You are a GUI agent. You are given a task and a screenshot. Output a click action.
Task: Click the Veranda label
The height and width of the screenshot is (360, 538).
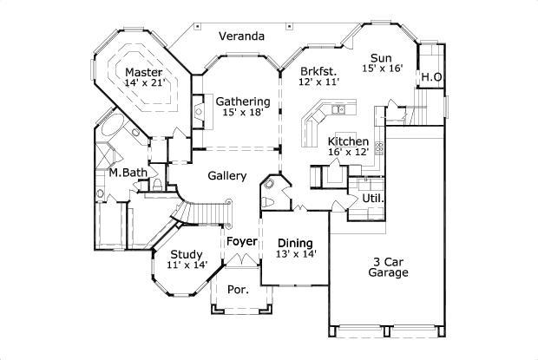[x=242, y=36]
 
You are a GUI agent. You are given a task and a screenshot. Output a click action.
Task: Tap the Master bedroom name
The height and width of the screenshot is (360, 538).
[x=144, y=72]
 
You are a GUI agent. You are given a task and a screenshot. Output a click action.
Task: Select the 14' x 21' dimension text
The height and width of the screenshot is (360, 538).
[x=145, y=82]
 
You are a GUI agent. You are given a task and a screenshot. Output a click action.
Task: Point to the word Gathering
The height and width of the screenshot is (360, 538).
[x=243, y=101]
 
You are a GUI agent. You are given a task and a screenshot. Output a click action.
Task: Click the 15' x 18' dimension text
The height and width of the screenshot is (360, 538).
[x=243, y=112]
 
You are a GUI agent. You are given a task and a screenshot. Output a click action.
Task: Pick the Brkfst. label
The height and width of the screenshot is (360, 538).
[x=318, y=72]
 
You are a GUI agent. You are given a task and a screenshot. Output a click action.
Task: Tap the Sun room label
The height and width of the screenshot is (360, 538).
[x=381, y=58]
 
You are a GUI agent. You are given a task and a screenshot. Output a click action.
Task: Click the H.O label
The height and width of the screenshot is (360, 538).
[x=431, y=77]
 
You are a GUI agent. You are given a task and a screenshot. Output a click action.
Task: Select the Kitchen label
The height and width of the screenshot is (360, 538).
[x=348, y=141]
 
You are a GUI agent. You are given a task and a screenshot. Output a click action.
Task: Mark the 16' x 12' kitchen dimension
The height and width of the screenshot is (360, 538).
[x=348, y=152]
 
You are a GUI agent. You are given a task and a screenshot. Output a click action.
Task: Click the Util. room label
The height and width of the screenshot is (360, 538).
[x=373, y=198]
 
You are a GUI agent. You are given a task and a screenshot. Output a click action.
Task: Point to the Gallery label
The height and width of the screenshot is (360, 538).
[x=227, y=176]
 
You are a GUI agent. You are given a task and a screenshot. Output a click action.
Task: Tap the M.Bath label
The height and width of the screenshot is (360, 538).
[x=128, y=173]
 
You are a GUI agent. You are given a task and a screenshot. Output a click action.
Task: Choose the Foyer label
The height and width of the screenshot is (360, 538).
[x=242, y=241]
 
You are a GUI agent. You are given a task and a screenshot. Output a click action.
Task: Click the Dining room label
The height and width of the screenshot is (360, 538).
[x=295, y=243]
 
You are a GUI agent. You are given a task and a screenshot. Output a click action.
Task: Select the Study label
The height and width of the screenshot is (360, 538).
[x=187, y=255]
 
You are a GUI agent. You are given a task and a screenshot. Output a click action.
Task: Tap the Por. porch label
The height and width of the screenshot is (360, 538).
[x=238, y=290]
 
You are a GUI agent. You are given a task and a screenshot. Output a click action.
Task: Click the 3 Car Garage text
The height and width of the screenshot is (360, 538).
[x=388, y=267]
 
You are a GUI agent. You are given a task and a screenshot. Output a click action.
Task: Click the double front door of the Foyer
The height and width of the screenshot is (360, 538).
[x=243, y=260]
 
